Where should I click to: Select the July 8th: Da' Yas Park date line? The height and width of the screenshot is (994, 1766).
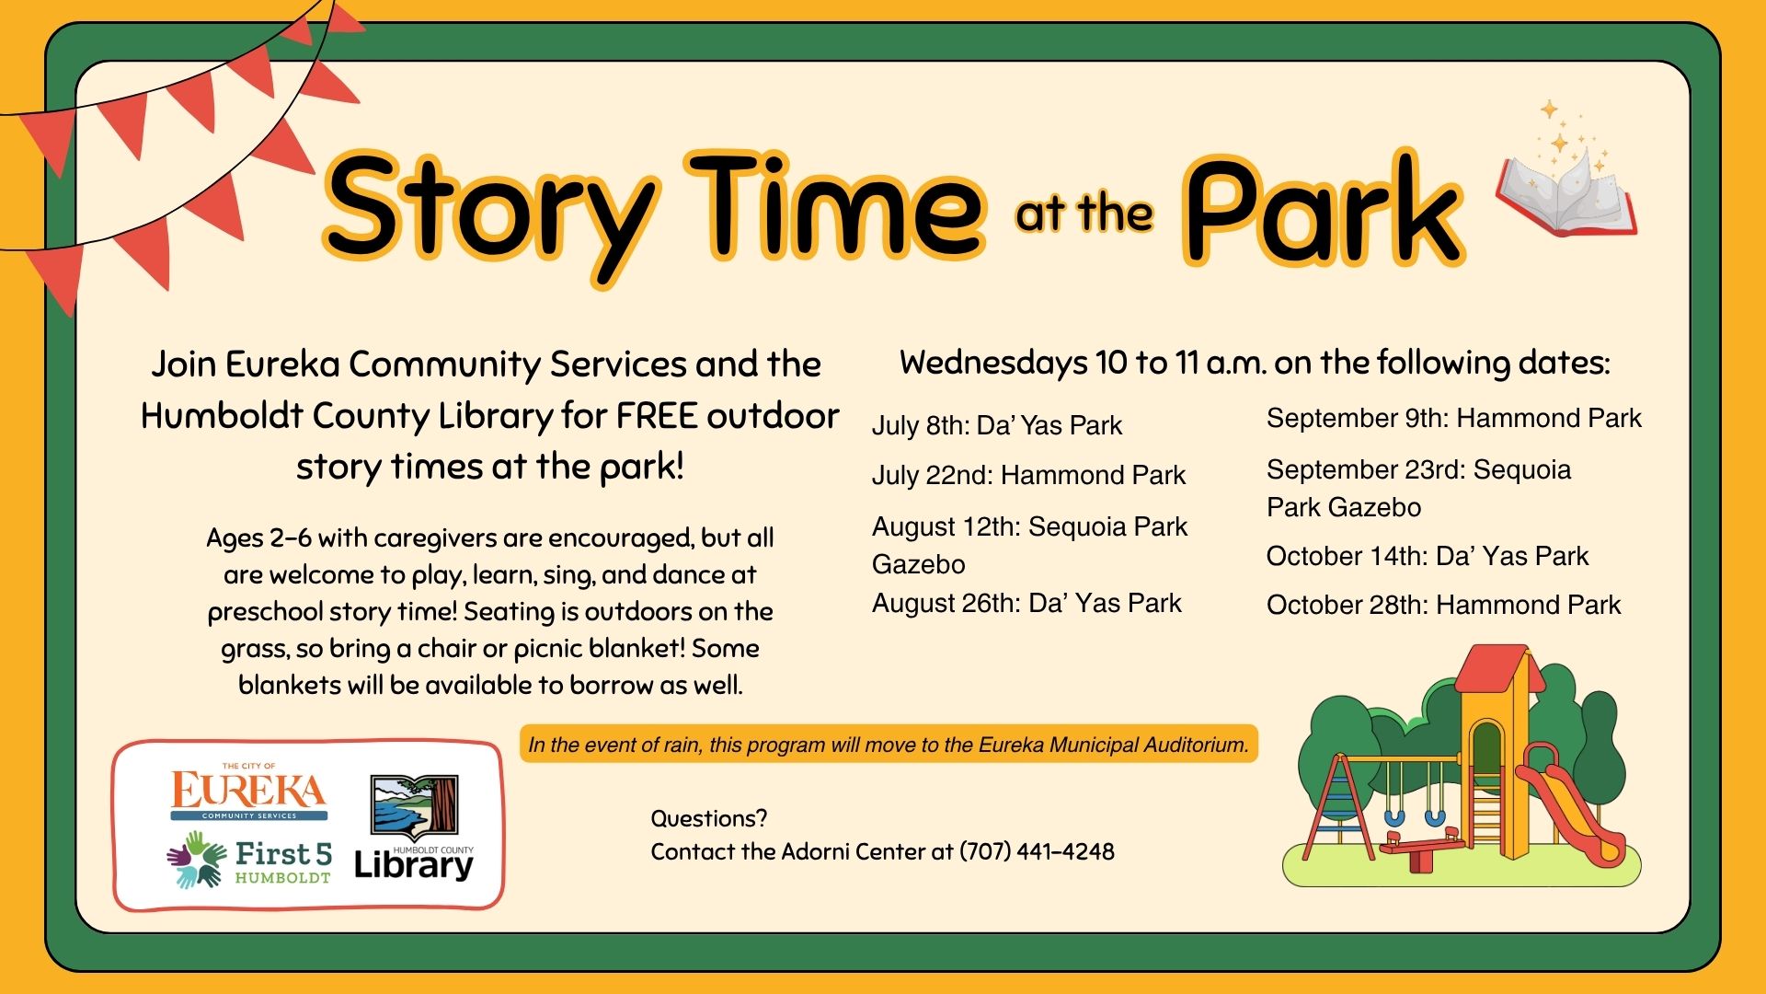coord(997,425)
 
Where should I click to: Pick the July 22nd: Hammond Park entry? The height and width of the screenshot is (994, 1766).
coord(1028,475)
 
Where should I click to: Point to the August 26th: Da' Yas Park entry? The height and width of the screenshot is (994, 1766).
coord(1026,603)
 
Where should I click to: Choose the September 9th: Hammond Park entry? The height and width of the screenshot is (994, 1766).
coord(1453,419)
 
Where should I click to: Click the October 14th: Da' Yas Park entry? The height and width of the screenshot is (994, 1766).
coord(1428,556)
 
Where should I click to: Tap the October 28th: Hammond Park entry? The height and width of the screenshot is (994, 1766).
coord(1443,605)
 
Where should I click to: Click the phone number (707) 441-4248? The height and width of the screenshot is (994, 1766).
coord(1037,851)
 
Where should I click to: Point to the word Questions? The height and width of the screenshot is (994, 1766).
coord(708,818)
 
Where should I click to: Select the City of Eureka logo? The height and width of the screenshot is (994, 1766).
coord(249,792)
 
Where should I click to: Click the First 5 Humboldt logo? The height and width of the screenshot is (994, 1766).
coord(249,860)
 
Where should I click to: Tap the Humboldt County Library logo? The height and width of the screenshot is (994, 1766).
coord(415,827)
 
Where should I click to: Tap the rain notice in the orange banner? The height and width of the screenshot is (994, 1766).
coord(889,745)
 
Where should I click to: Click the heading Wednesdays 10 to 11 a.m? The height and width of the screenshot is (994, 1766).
coord(1255,363)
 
